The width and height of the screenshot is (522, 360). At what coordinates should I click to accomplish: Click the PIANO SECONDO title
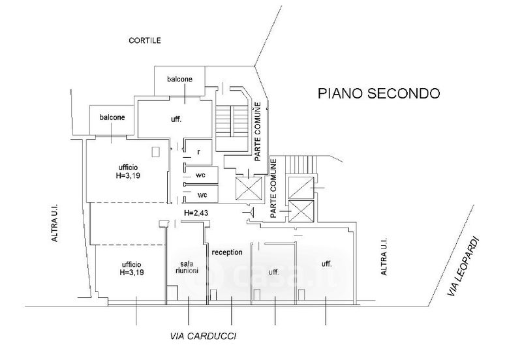(x=378, y=93)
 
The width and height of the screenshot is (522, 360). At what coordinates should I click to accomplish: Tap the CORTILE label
(x=144, y=40)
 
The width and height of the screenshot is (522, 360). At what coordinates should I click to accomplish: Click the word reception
(x=227, y=252)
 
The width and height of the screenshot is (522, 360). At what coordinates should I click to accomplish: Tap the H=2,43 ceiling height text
(x=196, y=213)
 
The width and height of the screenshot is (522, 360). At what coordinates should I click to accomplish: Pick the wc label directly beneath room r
(x=202, y=175)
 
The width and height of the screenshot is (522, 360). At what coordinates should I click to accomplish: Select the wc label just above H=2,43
(x=202, y=195)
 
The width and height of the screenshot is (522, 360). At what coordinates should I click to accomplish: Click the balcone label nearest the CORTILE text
(x=179, y=79)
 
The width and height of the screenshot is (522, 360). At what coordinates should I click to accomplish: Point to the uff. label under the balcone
(x=176, y=120)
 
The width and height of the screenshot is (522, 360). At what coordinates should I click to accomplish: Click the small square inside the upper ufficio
(x=155, y=153)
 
